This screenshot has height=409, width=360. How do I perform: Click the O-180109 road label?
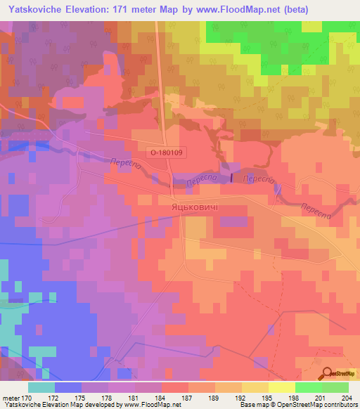[165, 151]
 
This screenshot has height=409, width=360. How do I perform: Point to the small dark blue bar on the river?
[231, 177]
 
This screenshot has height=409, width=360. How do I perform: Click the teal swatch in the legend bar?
[41, 387]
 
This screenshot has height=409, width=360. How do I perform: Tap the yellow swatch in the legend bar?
[282, 387]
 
